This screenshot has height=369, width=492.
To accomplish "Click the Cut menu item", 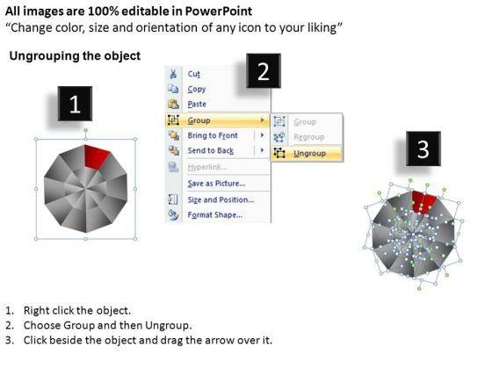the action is point(193,74).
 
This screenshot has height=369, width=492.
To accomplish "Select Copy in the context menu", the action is point(197,90).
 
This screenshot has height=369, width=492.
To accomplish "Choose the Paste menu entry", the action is point(197,105).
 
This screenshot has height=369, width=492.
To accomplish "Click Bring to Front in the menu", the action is point(213,135).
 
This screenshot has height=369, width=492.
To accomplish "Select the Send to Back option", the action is point(211,150).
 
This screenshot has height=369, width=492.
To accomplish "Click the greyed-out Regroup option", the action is point(308,137).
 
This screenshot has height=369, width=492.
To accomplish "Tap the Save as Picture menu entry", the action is point(216,184).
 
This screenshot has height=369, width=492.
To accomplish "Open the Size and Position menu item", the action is point(221,200).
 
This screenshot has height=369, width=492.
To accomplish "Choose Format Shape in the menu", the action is point(215,215).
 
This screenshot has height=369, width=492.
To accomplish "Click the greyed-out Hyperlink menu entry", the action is point(207,167).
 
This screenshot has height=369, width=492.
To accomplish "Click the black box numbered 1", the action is point(75,104).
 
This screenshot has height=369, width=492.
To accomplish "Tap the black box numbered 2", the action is point(264,71).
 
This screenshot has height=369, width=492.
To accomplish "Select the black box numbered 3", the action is point(423,148).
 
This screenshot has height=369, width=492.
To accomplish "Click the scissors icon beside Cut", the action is point(173,74).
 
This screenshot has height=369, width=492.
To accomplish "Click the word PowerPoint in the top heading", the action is point(219,11).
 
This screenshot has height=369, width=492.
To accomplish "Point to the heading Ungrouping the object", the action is point(75,56).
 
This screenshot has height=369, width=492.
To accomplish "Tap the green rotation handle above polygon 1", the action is point(85,130).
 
